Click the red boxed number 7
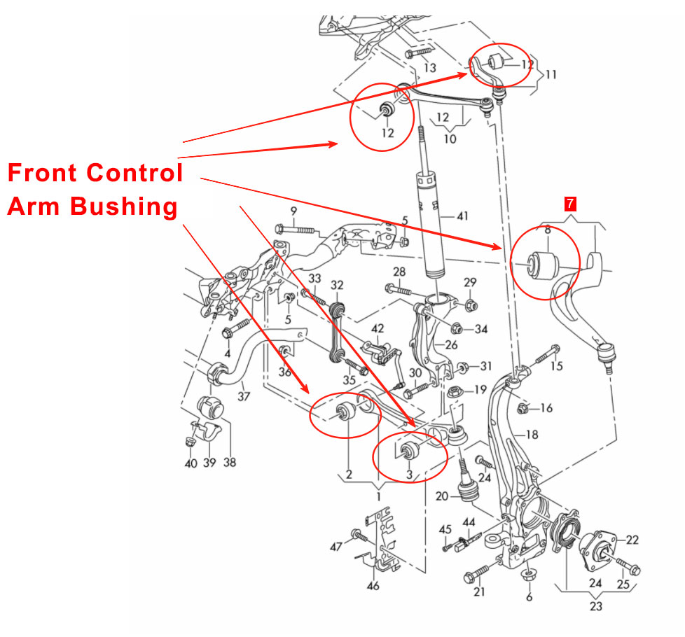pyautogui.click(x=570, y=204)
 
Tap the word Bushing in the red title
pyautogui.click(x=124, y=207)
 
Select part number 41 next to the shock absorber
pyautogui.click(x=462, y=216)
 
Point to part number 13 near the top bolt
pyautogui.click(x=430, y=68)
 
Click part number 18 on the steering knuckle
pyautogui.click(x=532, y=435)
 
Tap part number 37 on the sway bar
pyautogui.click(x=244, y=396)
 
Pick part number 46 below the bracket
pyautogui.click(x=373, y=585)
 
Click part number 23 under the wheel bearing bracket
pyautogui.click(x=595, y=606)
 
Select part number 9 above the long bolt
pyautogui.click(x=293, y=211)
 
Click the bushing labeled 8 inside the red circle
pyautogui.click(x=544, y=263)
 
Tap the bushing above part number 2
pyautogui.click(x=347, y=411)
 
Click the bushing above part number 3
pyautogui.click(x=410, y=449)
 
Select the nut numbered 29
pyautogui.click(x=471, y=306)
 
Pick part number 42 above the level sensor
pyautogui.click(x=378, y=328)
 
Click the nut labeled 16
pyautogui.click(x=522, y=409)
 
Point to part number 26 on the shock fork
pyautogui.click(x=451, y=345)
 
